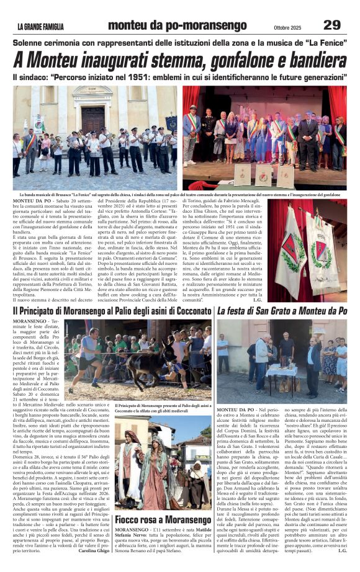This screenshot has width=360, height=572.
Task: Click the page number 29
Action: click(x=333, y=25)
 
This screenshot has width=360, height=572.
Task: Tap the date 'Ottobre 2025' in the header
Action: click(x=289, y=26)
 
